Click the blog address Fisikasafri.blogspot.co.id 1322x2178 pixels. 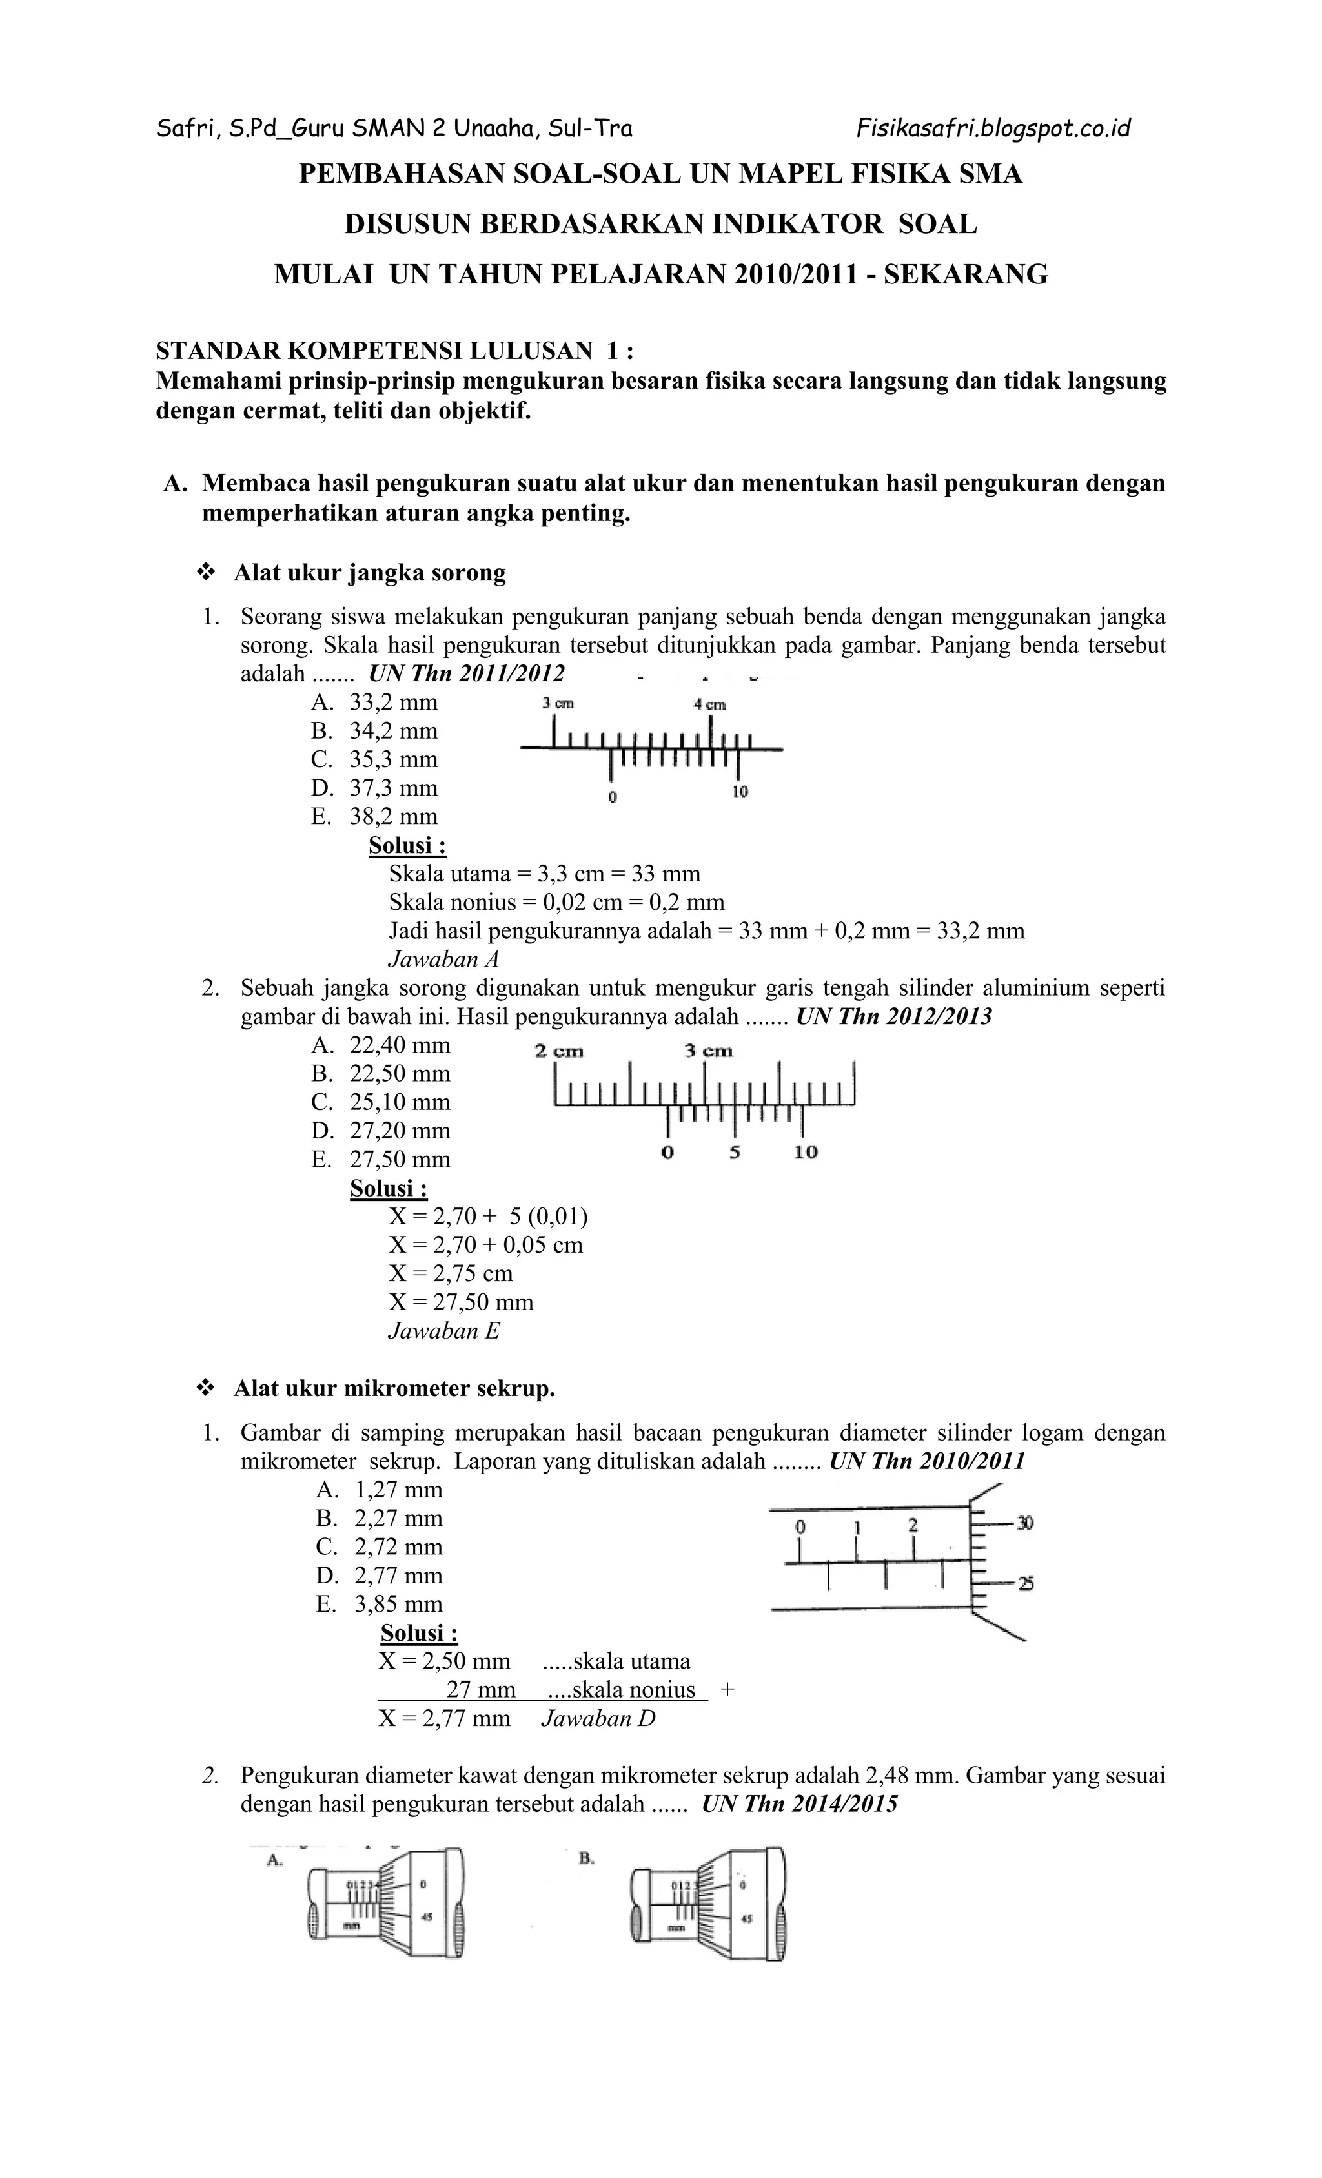coord(993,129)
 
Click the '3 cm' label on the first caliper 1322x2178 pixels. coord(558,704)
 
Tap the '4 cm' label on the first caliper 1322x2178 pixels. coord(709,704)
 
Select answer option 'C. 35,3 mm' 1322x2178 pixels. coord(374,759)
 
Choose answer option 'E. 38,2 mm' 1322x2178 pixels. coord(374,816)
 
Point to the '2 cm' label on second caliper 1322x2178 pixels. coord(558,1051)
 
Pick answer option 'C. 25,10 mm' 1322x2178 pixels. coord(380,1102)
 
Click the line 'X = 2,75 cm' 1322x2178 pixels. coord(451,1273)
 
